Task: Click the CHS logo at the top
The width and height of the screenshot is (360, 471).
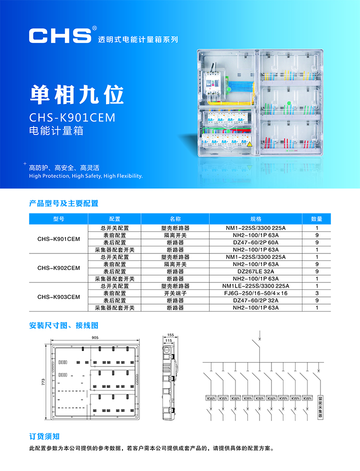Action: (x=60, y=35)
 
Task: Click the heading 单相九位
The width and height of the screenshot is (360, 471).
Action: (x=76, y=94)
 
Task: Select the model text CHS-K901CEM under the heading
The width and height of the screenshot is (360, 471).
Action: (x=72, y=117)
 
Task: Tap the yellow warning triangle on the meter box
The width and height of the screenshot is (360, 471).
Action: (x=249, y=144)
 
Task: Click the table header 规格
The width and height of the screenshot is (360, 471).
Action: (x=255, y=219)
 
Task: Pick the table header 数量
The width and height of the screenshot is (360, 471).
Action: (x=316, y=219)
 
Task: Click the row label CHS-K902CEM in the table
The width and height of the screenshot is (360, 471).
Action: (x=58, y=268)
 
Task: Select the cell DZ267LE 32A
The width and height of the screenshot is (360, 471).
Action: (x=255, y=271)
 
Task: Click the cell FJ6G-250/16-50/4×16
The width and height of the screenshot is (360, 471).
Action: (x=255, y=293)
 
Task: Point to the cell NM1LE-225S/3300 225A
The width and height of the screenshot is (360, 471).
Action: (x=255, y=286)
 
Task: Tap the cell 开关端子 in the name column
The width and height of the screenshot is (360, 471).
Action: (x=175, y=293)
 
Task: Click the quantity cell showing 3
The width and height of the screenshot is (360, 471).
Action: (x=316, y=293)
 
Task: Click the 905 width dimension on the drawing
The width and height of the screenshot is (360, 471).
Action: (x=95, y=337)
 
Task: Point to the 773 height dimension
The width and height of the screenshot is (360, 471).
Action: (x=43, y=382)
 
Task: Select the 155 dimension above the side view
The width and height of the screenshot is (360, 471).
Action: (x=170, y=335)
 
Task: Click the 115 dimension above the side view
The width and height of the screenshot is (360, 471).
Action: (x=168, y=340)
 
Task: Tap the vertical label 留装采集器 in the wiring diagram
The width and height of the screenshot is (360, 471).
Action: (x=320, y=407)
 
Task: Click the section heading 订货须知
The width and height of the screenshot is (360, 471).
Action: (x=44, y=436)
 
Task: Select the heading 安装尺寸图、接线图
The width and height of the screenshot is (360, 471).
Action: (x=63, y=325)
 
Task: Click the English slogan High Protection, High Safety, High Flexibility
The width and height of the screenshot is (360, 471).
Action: (x=86, y=176)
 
